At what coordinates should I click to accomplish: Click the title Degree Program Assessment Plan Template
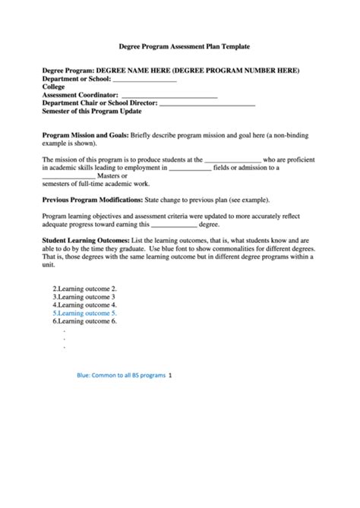179,46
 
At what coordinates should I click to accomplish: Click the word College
54,87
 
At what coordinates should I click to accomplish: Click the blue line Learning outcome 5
84,313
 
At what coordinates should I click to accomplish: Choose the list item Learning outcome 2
84,289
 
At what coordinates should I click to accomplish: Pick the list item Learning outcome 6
84,321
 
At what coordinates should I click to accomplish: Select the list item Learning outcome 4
84,305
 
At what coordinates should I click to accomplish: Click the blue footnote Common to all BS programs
121,375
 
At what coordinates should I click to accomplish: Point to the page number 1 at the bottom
170,375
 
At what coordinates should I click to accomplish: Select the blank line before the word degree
174,224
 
